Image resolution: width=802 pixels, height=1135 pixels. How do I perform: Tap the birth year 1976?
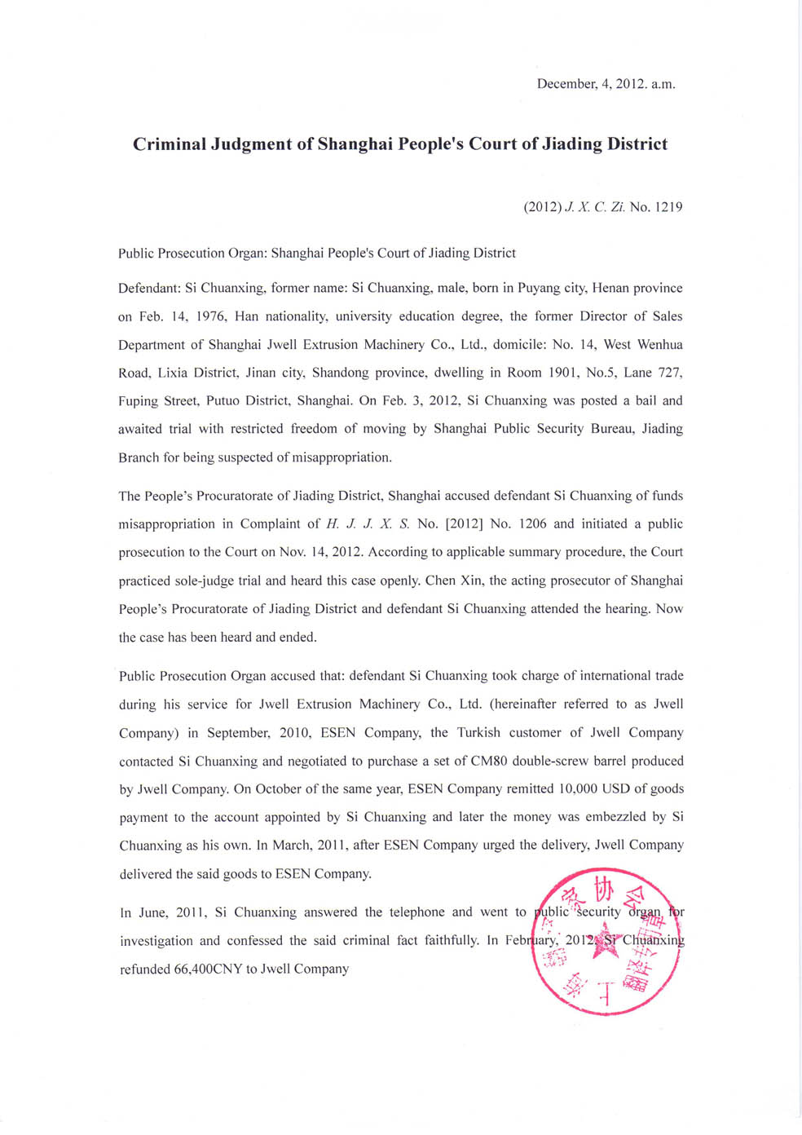(210, 316)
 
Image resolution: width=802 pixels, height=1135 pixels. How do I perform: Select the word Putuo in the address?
(223, 401)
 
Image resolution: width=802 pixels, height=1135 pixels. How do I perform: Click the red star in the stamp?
(605, 939)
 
